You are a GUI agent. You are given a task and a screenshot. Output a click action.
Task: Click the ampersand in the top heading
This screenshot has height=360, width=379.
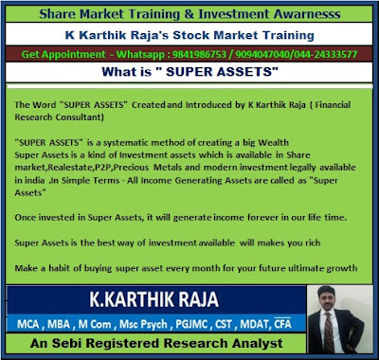pyautogui.click(x=189, y=14)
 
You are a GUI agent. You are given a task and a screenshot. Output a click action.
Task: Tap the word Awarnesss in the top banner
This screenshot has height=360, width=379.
pyautogui.click(x=307, y=14)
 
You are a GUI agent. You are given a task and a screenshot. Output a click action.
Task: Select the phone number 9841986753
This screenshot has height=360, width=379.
pyautogui.click(x=199, y=55)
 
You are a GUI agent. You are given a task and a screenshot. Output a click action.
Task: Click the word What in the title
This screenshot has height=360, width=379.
pyautogui.click(x=117, y=72)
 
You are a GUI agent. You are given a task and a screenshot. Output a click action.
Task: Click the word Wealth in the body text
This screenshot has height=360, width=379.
pyautogui.click(x=273, y=143)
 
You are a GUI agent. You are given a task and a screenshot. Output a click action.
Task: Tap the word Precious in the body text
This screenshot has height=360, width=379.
pyautogui.click(x=132, y=168)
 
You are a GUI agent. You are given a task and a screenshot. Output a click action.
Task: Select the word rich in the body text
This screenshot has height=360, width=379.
pyautogui.click(x=313, y=243)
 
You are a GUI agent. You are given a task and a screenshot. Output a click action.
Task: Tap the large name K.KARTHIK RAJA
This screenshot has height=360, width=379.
pyautogui.click(x=154, y=299)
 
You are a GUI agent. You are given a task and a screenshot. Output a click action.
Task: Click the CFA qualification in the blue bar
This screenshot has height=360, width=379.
pyautogui.click(x=282, y=324)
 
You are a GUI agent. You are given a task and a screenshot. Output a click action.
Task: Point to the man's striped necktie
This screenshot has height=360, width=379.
pyautogui.click(x=329, y=331)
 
